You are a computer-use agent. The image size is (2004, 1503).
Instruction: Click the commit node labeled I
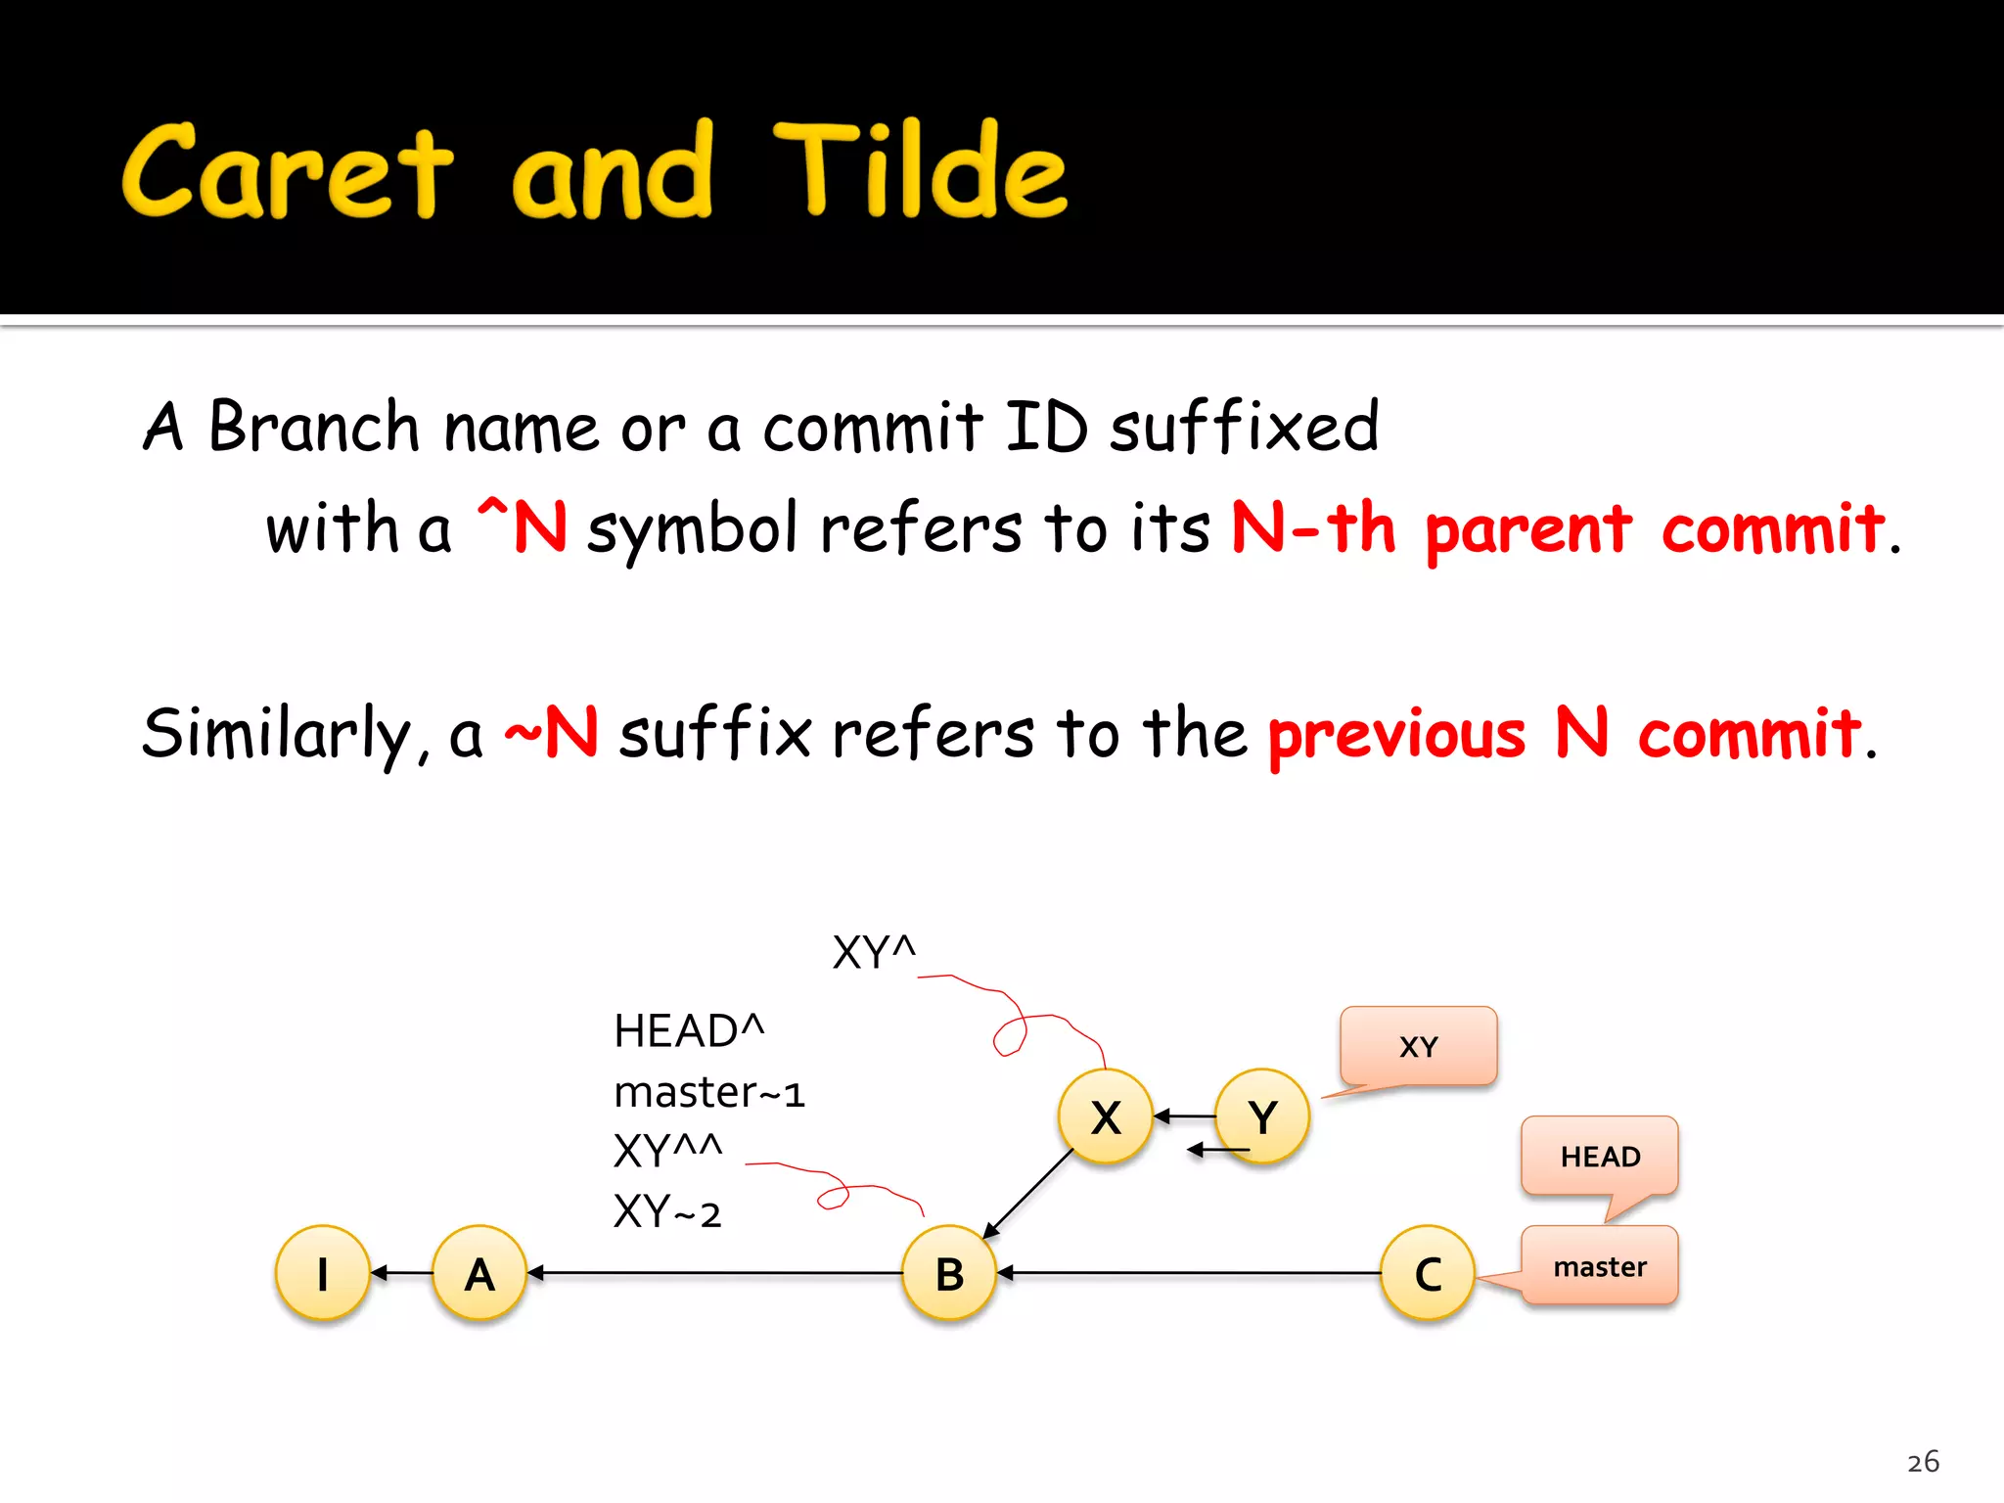[x=323, y=1273]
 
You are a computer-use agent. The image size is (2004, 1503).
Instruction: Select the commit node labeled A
[x=479, y=1273]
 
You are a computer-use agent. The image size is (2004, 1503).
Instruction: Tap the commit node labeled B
[x=949, y=1273]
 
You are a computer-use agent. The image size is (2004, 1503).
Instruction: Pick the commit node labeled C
[x=1428, y=1273]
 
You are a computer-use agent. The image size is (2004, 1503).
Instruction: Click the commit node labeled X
[x=1106, y=1116]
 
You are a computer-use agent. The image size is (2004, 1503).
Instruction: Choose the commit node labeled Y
[x=1262, y=1116]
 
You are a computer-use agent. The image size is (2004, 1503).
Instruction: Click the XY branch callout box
[x=1418, y=1046]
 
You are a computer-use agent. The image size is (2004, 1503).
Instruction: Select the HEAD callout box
[x=1600, y=1156]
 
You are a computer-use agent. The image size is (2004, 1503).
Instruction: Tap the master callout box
[x=1600, y=1266]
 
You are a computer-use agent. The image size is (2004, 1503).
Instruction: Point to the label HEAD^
[x=688, y=1031]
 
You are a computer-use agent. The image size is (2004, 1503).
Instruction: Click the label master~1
[x=708, y=1092]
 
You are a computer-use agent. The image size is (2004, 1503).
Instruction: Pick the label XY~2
[x=667, y=1212]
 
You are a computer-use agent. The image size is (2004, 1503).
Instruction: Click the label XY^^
[x=667, y=1151]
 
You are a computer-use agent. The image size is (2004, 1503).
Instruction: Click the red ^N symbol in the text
[x=523, y=526]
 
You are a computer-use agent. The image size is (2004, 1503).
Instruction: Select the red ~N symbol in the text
[x=552, y=732]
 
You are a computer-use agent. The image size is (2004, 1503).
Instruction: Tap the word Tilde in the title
[x=920, y=171]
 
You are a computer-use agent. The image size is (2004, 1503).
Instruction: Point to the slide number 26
[x=1923, y=1462]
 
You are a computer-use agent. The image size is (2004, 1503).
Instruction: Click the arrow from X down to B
[x=1029, y=1194]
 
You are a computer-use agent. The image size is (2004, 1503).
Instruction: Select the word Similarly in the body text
[x=278, y=734]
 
